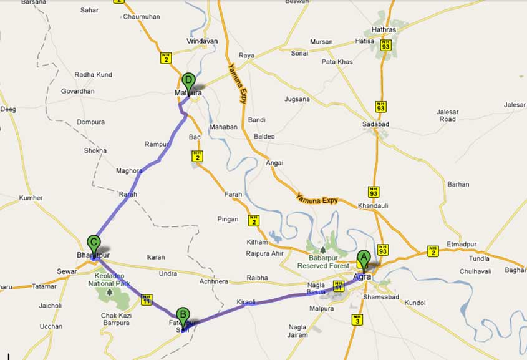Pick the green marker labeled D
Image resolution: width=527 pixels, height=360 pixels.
(189, 81)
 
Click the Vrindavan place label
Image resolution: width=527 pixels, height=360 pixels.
(202, 41)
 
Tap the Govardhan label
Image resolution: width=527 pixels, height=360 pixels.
(78, 91)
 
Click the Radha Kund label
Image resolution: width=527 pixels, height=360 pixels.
(94, 75)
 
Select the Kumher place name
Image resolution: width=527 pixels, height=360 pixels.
(31, 198)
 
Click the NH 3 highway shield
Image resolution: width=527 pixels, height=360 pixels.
(357, 320)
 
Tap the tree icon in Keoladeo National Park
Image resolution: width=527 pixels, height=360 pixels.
(110, 291)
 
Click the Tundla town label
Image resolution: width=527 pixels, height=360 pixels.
(479, 258)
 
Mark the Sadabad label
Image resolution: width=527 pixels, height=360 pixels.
(375, 124)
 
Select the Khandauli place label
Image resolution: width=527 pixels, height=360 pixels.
(373, 205)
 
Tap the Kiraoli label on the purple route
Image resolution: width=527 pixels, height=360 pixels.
(246, 303)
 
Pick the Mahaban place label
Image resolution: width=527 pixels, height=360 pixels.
(223, 127)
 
